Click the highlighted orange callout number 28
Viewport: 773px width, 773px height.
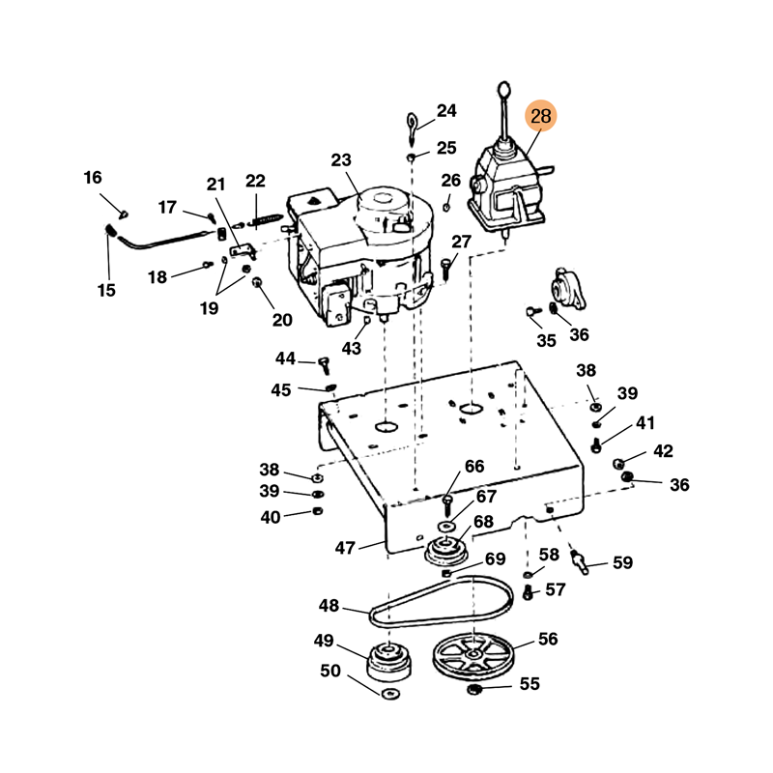tap(541, 117)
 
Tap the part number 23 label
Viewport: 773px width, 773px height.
tap(342, 161)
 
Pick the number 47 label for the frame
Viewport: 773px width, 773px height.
tap(346, 548)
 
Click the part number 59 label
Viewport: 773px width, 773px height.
tap(622, 562)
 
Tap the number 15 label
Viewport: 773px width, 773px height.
tap(106, 290)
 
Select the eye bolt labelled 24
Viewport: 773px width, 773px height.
tap(414, 127)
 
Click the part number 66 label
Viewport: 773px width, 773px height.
tap(474, 467)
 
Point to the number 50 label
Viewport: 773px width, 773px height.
tap(330, 671)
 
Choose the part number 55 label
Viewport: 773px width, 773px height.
tap(530, 684)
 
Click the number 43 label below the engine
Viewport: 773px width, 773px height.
tap(351, 348)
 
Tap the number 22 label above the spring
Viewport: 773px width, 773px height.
tap(255, 181)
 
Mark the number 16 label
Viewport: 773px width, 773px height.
tap(92, 178)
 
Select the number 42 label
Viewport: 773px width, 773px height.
tap(662, 451)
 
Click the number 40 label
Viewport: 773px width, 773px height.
tap(270, 517)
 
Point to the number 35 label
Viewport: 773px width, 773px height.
tap(547, 340)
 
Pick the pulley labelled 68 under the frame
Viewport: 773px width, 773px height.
tap(447, 554)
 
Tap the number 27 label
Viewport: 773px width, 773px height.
tap(462, 242)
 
